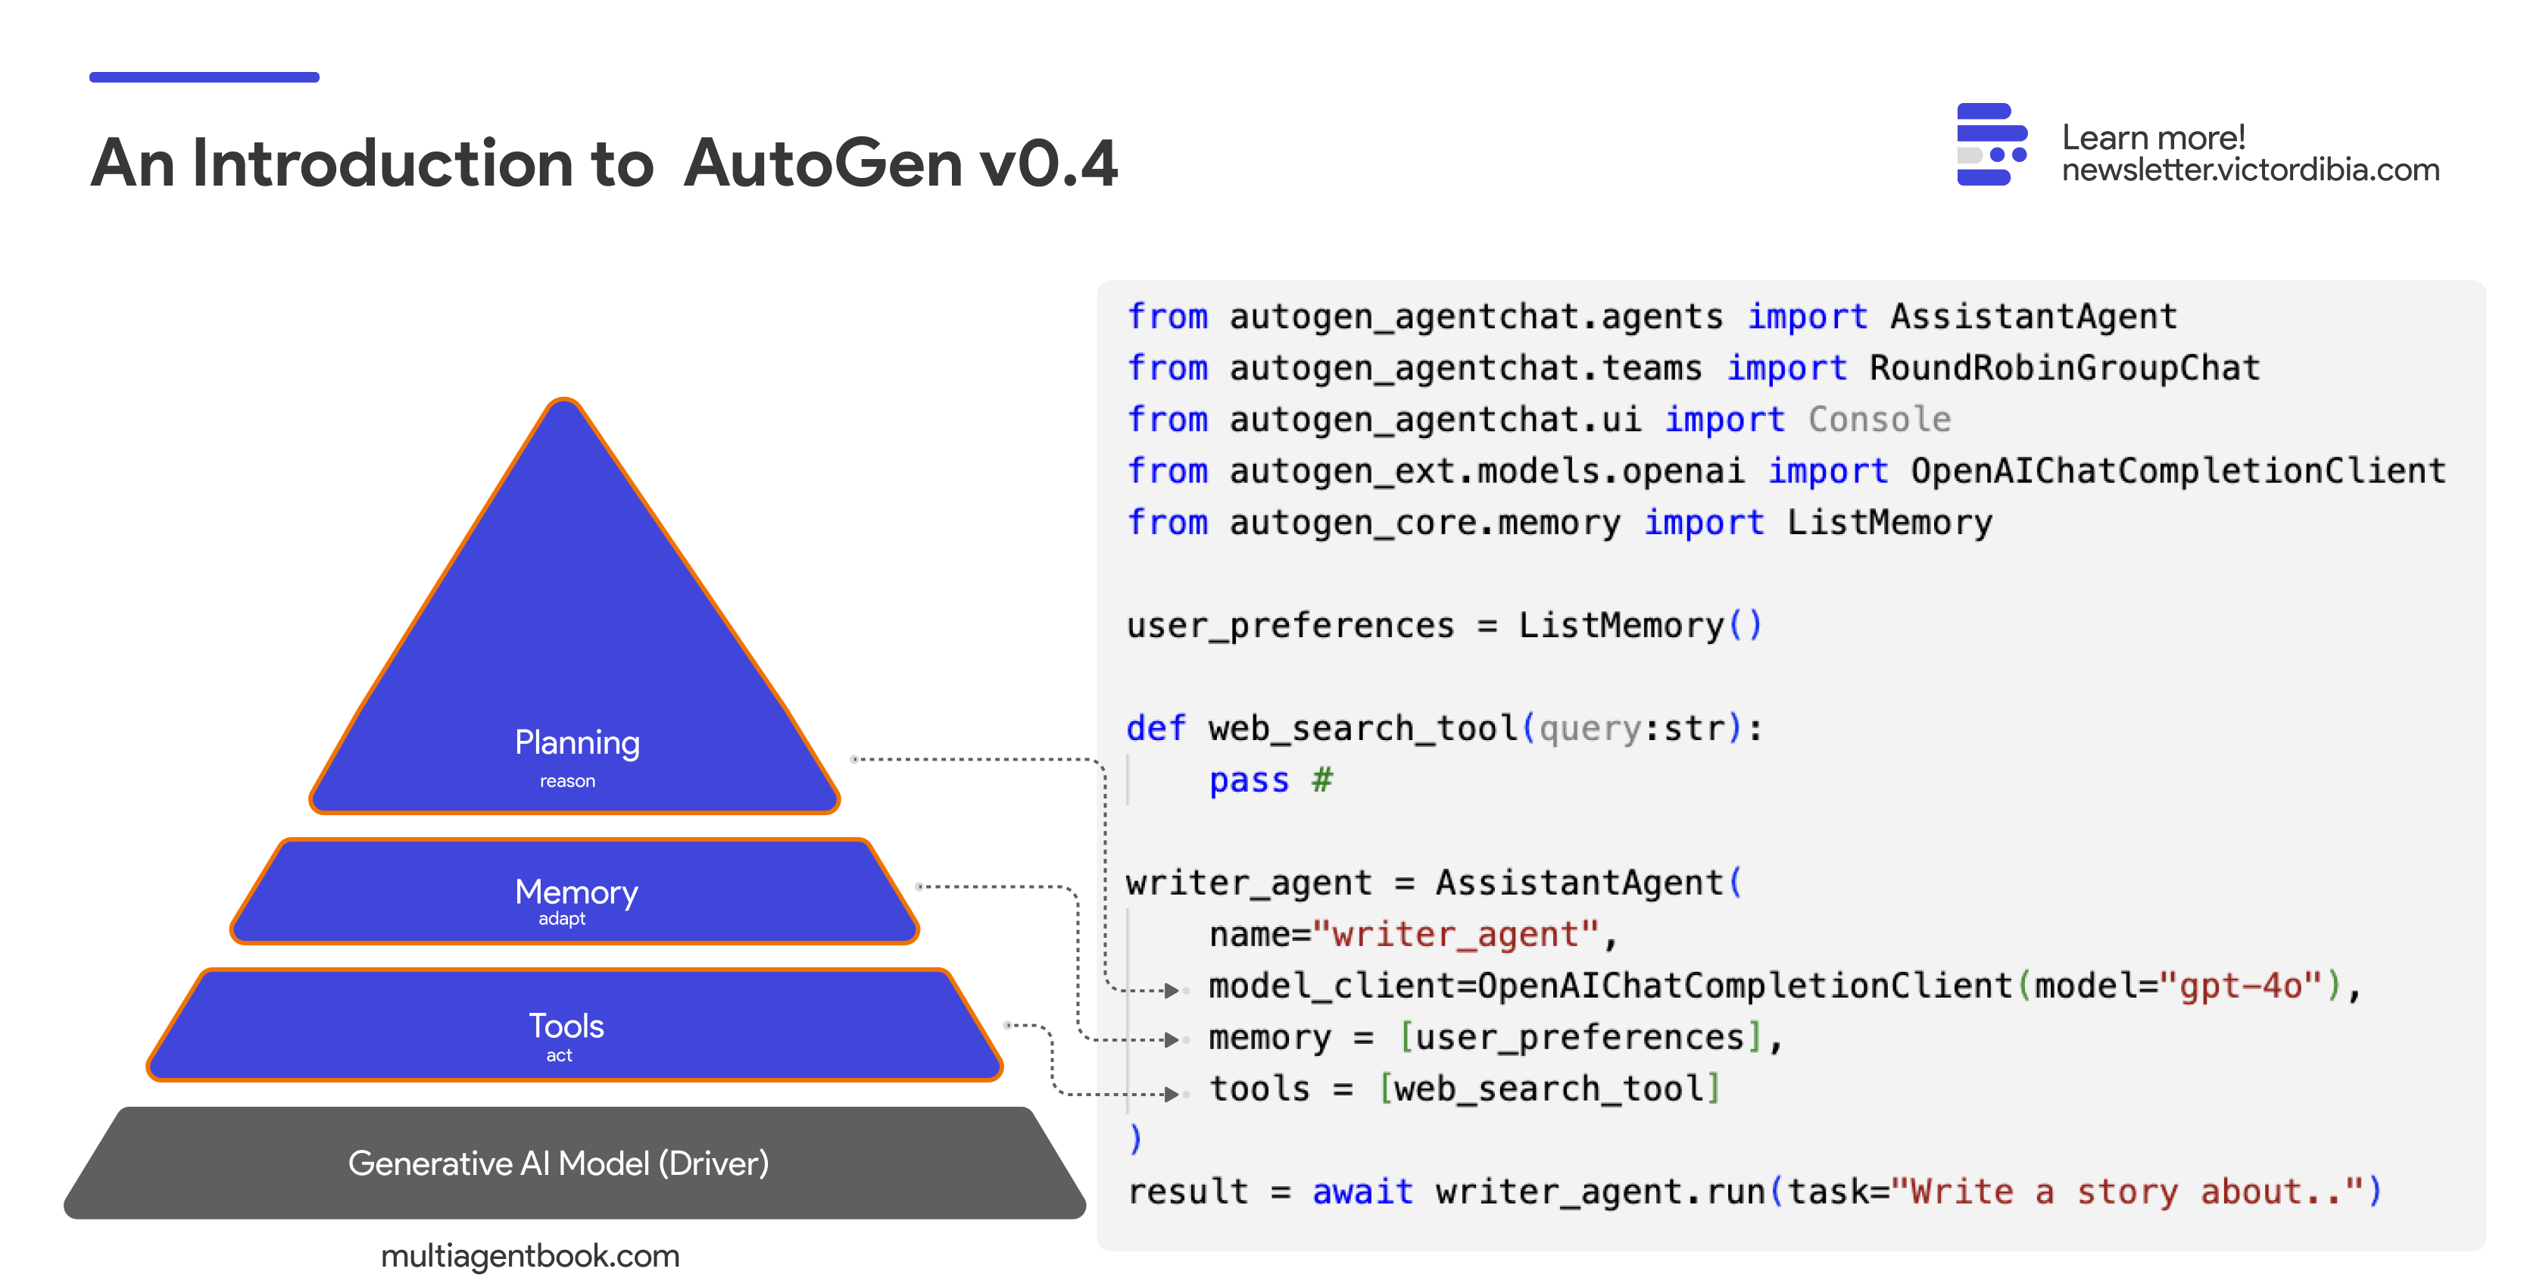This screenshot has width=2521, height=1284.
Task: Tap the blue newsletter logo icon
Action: [x=1992, y=145]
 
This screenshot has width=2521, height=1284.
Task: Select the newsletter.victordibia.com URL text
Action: [x=2250, y=170]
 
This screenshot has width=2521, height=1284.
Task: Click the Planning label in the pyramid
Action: [x=577, y=744]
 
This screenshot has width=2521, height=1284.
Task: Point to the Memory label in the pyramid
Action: [x=576, y=892]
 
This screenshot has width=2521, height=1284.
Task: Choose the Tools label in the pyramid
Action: [x=566, y=1026]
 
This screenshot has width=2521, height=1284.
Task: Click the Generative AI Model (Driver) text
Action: [x=559, y=1164]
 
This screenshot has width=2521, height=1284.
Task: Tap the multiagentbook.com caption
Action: [x=530, y=1256]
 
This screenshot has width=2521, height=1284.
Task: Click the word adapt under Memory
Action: [x=562, y=919]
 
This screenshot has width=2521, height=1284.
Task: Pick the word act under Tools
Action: [x=559, y=1055]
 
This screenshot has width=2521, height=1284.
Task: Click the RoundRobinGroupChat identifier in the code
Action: [x=2065, y=368]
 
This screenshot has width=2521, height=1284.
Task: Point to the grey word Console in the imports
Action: [x=1879, y=419]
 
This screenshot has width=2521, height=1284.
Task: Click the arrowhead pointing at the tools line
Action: [x=1172, y=1094]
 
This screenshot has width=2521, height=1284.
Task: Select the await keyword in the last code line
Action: [x=1362, y=1192]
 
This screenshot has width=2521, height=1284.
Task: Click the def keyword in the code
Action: [x=1156, y=728]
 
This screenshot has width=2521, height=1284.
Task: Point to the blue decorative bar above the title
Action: [x=204, y=77]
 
